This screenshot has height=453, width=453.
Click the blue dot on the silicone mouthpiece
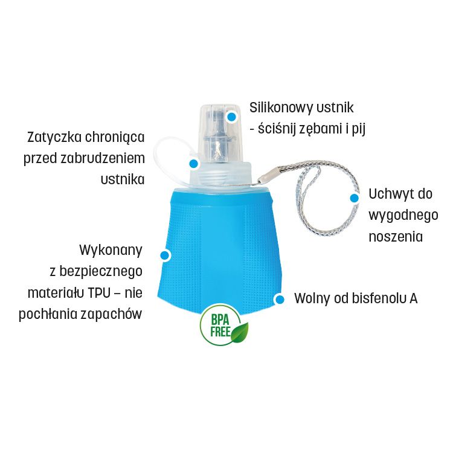tap(231, 117)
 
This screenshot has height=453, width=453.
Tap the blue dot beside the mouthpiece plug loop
tap(193, 164)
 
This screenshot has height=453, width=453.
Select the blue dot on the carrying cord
tap(354, 198)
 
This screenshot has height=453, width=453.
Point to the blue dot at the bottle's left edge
tap(164, 255)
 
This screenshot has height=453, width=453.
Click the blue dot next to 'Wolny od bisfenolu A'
tap(279, 300)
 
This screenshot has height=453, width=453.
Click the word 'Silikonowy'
tap(281, 108)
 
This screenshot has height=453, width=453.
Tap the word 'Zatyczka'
tap(54, 137)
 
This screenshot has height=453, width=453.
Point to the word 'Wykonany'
tap(111, 250)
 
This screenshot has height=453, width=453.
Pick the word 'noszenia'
tap(396, 237)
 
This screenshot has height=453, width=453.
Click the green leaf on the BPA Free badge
tap(240, 333)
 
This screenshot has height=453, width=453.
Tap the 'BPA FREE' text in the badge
tap(220, 326)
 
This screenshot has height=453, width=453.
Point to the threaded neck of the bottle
tap(221, 175)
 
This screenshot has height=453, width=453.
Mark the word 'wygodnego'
tap(403, 216)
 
